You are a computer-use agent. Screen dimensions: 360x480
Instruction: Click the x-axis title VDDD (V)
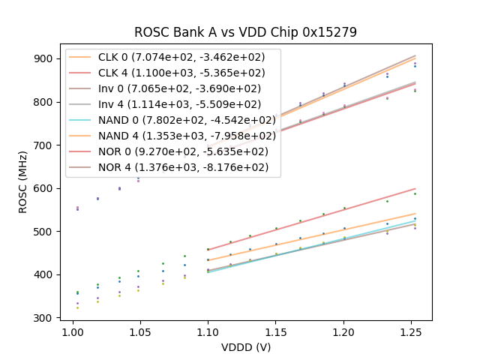coord(245,347)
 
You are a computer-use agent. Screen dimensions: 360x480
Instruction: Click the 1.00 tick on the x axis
coord(73,331)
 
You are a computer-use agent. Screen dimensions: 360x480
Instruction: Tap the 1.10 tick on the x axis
coord(208,331)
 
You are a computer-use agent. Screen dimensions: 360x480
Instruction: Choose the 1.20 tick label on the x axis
coord(343,331)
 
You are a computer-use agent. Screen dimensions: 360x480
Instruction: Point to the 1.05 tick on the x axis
coord(140,331)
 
